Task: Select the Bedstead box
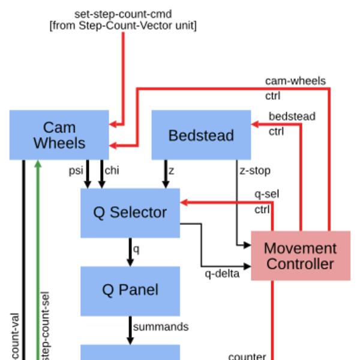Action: pos(201,135)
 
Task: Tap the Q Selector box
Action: pos(130,212)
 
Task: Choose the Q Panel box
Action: pos(130,290)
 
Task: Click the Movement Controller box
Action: pos(300,256)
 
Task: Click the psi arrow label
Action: pos(75,170)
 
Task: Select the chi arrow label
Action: pos(112,170)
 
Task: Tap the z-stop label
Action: pos(255,170)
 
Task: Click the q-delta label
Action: pos(223,274)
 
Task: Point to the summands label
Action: pos(161,327)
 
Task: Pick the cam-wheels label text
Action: pos(295,81)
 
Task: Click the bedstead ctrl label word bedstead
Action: pos(292,116)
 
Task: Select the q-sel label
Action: pos(266,194)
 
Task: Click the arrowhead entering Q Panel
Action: pos(130,262)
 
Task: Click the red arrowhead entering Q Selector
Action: pos(184,202)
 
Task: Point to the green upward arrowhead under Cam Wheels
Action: pos(38,164)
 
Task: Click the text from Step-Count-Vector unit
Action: pos(123,26)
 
